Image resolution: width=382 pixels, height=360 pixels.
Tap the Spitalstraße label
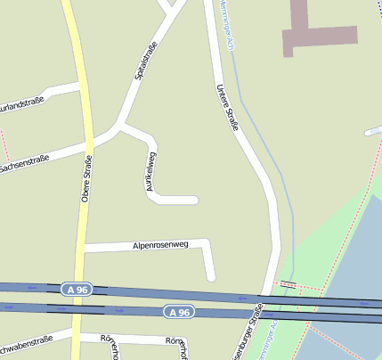click(146, 61)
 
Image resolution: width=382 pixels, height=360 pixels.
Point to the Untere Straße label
click(228, 107)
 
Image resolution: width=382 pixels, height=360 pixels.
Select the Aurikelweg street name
click(151, 172)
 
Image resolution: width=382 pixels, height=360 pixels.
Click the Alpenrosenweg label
click(156, 243)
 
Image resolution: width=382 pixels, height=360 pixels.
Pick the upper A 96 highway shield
click(77, 290)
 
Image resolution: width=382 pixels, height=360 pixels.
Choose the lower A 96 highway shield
click(178, 312)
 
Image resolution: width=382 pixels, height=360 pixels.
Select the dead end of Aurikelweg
click(194, 200)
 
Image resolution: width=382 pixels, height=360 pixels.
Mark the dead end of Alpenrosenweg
click(211, 277)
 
